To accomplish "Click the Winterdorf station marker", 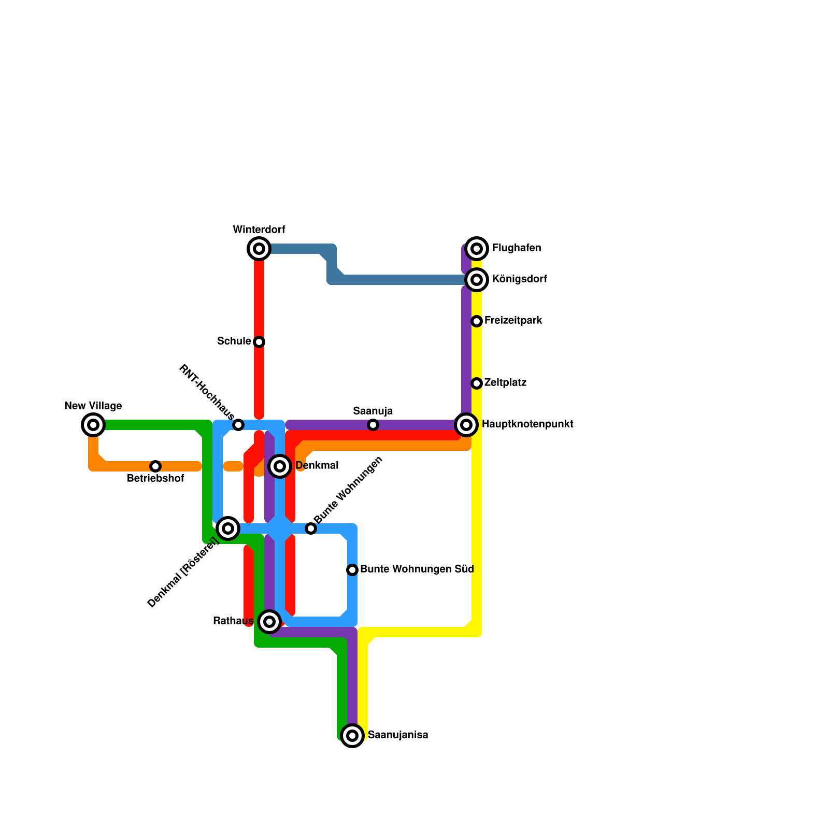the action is (x=259, y=249).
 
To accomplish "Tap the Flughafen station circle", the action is (x=477, y=249).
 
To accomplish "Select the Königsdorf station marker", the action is (x=477, y=280).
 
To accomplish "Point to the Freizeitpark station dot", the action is (x=477, y=321).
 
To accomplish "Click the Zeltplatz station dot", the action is (x=477, y=383).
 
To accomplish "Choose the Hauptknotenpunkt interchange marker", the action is (x=466, y=425).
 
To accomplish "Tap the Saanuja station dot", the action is (x=373, y=425).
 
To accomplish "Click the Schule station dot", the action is (x=259, y=342).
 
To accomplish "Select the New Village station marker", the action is (x=93, y=425).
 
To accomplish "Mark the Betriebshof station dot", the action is (x=155, y=466).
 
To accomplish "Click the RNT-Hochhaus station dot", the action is (x=238, y=425).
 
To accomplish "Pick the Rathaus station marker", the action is (x=269, y=622).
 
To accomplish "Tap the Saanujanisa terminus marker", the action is (x=352, y=736).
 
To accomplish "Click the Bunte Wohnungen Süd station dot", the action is (x=352, y=570).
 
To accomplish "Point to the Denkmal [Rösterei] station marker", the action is (x=228, y=528).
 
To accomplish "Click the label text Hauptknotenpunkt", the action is (x=527, y=424).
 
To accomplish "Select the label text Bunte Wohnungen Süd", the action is (x=417, y=569).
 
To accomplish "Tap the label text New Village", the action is (x=93, y=406).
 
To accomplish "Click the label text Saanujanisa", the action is (x=397, y=735).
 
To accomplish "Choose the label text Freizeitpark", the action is (x=513, y=321).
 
